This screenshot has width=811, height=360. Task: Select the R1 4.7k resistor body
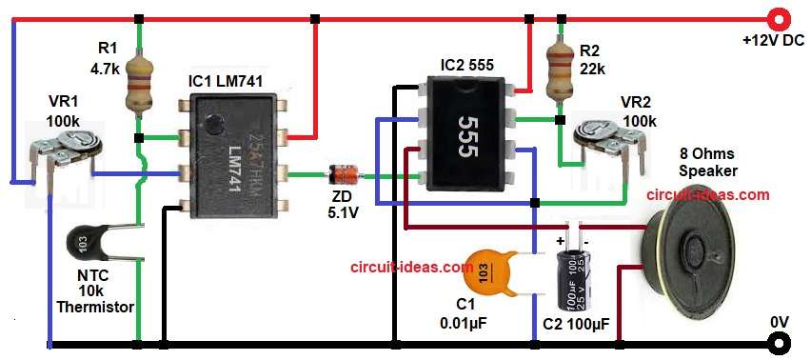(x=140, y=89)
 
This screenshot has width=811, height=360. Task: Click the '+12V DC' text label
(x=772, y=42)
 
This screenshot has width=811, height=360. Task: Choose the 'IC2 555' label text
(x=467, y=66)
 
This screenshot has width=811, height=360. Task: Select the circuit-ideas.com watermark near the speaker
(x=707, y=194)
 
